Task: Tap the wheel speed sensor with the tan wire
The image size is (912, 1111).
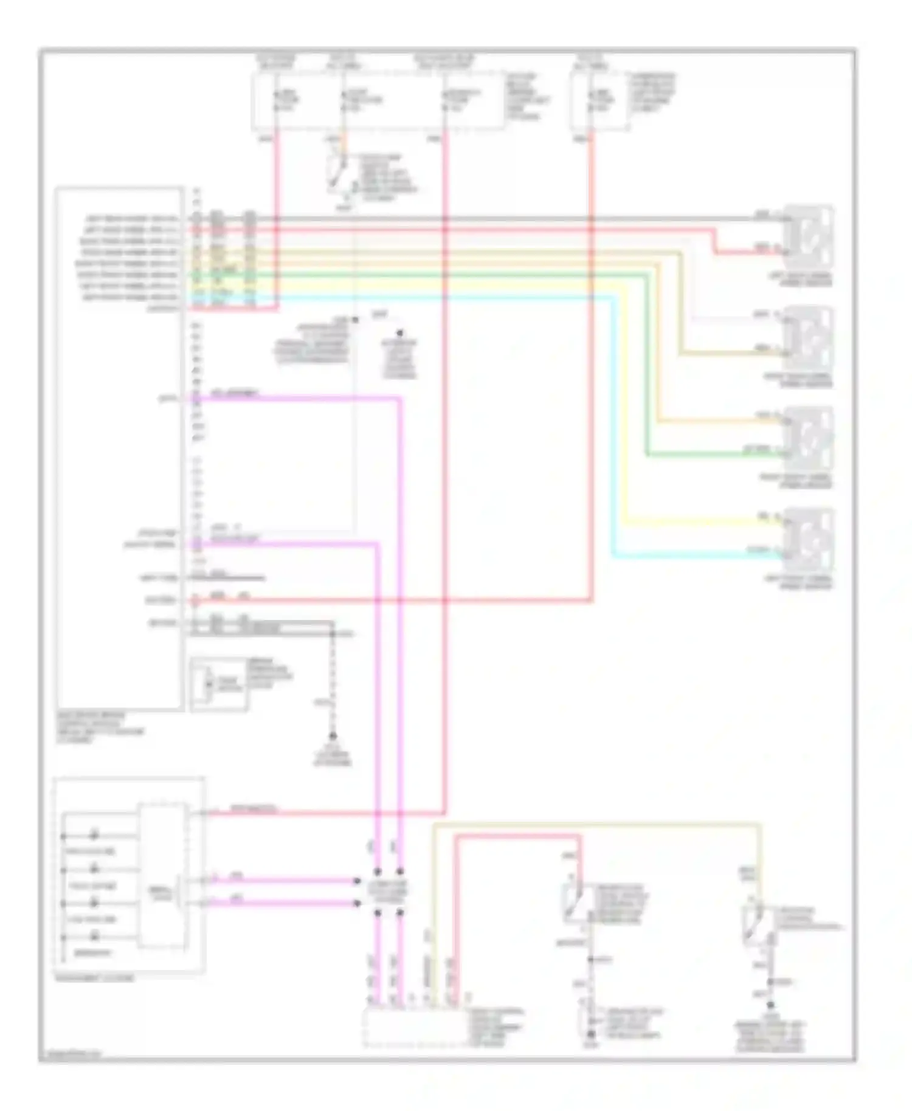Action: (809, 337)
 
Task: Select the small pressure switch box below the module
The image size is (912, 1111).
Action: (218, 684)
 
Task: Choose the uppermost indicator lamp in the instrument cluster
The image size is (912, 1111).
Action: (95, 836)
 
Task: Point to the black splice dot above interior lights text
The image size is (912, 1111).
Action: (399, 334)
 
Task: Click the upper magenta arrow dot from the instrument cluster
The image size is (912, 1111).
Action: (357, 881)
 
